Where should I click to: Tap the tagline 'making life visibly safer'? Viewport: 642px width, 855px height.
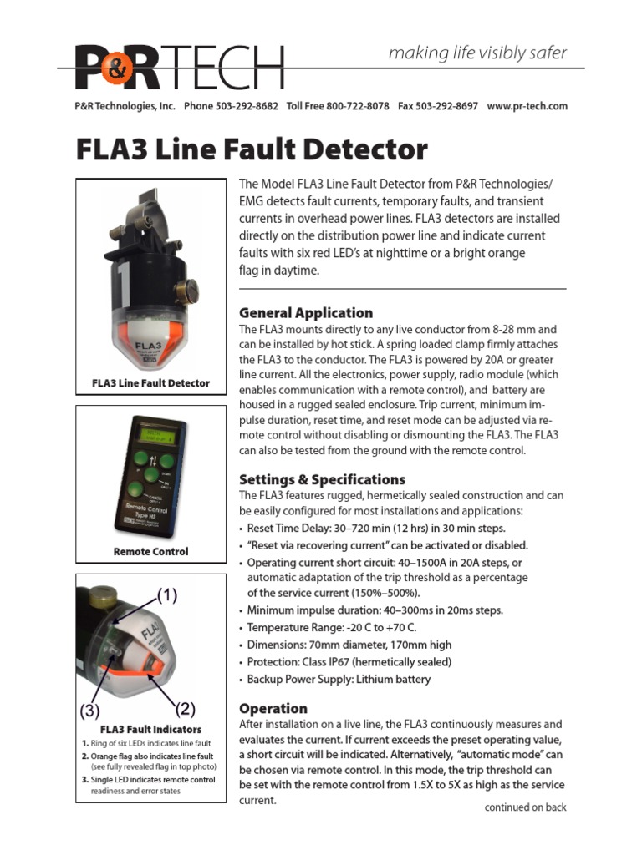tap(477, 53)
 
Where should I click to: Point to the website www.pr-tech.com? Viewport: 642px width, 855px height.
tap(527, 106)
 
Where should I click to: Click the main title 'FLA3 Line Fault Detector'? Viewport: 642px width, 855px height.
tap(252, 150)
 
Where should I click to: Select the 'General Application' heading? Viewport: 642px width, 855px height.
tap(306, 312)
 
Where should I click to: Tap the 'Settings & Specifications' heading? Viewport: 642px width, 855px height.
tap(322, 479)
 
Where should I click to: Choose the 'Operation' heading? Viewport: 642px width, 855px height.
tap(273, 708)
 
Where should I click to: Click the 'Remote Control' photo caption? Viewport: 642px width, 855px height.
tap(151, 551)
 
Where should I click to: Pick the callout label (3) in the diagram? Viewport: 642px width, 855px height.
tap(90, 712)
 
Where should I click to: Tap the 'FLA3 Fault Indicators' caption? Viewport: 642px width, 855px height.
tap(150, 729)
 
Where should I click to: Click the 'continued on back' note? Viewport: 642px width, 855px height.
tap(525, 807)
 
